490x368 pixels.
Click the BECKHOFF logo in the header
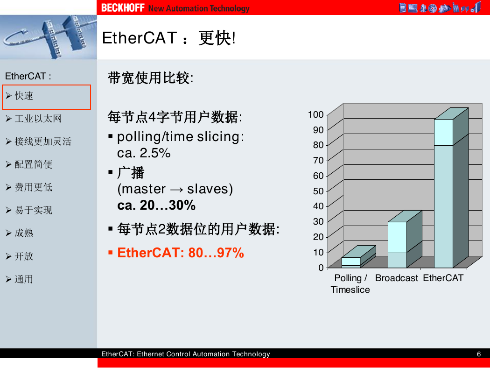click(123, 7)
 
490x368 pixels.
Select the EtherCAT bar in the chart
click(451, 188)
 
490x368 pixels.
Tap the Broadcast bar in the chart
click(405, 239)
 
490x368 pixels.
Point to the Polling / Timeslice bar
click(359, 257)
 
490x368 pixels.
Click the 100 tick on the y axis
click(315, 114)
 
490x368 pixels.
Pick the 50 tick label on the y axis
click(318, 191)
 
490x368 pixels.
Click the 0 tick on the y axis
click(321, 268)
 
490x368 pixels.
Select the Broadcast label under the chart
click(397, 278)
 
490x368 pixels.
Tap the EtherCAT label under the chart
click(443, 278)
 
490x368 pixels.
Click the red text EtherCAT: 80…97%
click(180, 253)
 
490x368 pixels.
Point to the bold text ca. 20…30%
click(156, 205)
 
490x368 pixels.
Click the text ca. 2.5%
click(144, 153)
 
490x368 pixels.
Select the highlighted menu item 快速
click(24, 96)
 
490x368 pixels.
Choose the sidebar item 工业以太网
click(38, 119)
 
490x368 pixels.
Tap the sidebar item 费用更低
click(34, 187)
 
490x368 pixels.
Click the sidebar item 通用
click(24, 279)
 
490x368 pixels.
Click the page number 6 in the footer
click(479, 354)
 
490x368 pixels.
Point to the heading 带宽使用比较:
click(151, 78)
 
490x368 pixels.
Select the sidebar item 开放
click(24, 256)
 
